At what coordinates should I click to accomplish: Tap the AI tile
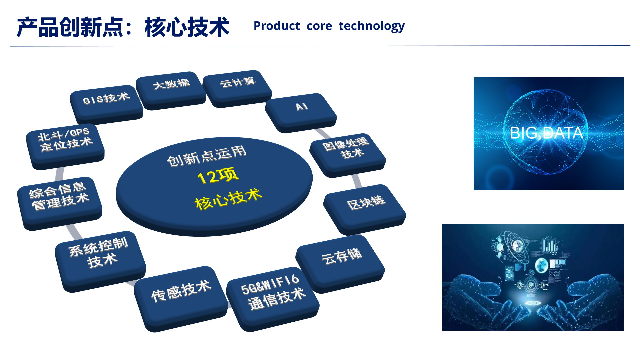(301, 113)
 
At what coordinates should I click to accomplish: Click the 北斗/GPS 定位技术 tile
(65, 146)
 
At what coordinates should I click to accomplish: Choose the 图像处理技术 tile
(348, 155)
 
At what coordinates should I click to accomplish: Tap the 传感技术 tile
(181, 299)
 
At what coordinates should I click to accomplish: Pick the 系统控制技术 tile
(100, 261)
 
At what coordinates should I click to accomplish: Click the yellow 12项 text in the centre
(218, 175)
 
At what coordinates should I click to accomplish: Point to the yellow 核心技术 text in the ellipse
(229, 199)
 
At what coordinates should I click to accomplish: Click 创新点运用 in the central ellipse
(207, 156)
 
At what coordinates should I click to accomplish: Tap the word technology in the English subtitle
(372, 26)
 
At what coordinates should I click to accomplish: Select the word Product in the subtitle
(277, 26)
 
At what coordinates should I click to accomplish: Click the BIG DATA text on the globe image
(547, 133)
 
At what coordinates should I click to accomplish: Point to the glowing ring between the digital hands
(533, 303)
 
